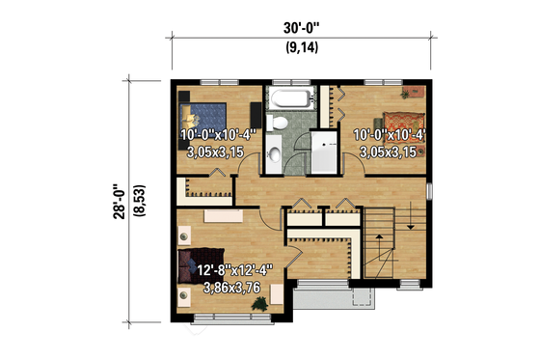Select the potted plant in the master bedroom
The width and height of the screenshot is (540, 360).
point(258,304)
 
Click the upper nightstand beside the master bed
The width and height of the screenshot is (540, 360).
point(184,234)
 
